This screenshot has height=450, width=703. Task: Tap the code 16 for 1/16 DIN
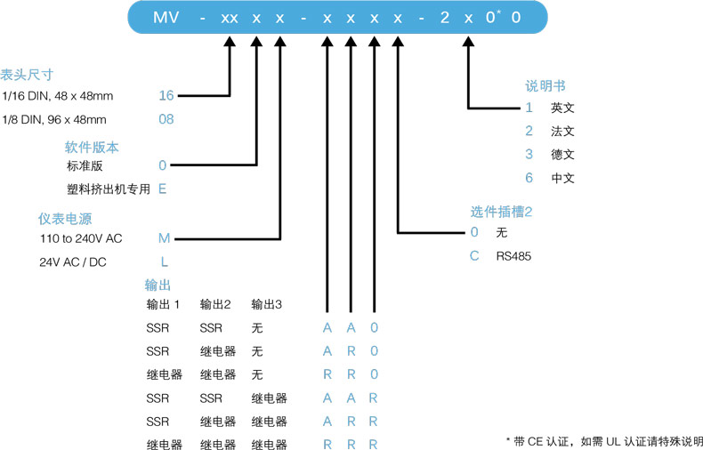coord(166,95)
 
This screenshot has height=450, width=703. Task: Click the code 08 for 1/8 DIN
coord(166,119)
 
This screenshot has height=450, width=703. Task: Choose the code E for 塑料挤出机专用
coord(163,189)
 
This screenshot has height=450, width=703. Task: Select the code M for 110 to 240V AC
coord(164,238)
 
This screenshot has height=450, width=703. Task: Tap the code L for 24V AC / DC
coord(164,262)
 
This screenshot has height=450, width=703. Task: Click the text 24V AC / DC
coord(72,262)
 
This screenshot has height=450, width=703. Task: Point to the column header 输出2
coord(216,305)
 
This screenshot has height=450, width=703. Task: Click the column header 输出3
coord(267,305)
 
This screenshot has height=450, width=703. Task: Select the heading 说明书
coord(545,86)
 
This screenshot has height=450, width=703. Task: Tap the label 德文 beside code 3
coord(562,154)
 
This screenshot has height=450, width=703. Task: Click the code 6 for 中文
coord(529,178)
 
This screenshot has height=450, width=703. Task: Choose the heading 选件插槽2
coord(501,212)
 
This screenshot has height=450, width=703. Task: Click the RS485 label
coord(512,256)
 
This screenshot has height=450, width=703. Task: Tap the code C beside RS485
coord(475,256)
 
